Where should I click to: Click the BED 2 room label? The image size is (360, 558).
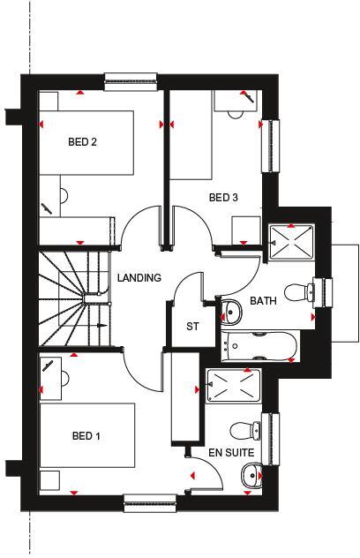click(82, 141)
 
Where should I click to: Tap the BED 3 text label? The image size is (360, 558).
click(223, 197)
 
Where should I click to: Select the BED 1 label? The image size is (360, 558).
click(86, 435)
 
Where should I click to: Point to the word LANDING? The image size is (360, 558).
click(139, 278)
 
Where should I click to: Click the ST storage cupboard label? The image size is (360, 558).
click(192, 326)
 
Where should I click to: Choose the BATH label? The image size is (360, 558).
click(263, 301)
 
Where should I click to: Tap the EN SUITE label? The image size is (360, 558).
click(231, 453)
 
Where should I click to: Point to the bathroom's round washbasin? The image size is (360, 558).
click(231, 311)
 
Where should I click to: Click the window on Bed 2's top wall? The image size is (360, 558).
click(130, 82)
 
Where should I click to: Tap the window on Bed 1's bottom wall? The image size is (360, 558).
click(149, 504)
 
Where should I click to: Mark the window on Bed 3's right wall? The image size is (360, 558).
click(270, 147)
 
